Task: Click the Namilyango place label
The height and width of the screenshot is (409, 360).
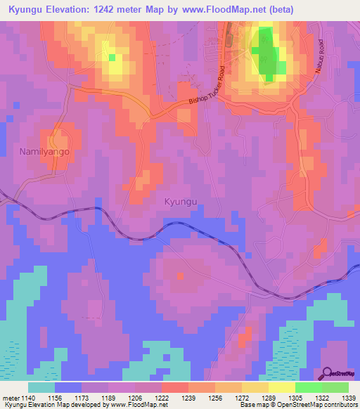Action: click(46, 151)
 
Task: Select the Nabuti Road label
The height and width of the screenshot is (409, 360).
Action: click(317, 68)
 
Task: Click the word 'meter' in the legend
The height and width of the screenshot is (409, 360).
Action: click(11, 398)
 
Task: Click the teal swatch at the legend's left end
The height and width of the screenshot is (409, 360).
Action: click(41, 387)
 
